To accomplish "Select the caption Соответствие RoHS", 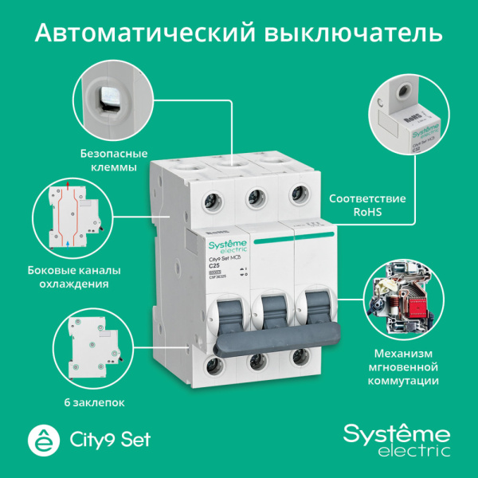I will pos(368,205).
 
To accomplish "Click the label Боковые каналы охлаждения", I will pos(79,274).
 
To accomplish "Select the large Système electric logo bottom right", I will pos(397,440).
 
